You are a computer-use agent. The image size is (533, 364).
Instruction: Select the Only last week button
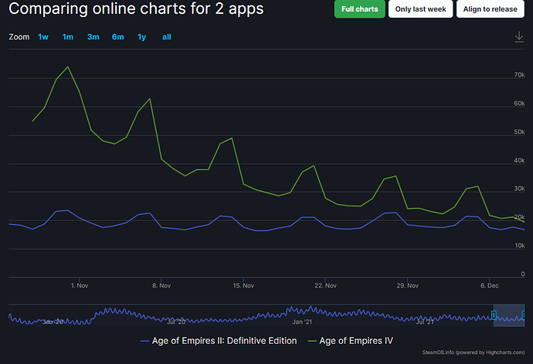tap(420, 9)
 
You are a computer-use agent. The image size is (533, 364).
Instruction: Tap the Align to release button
tap(489, 9)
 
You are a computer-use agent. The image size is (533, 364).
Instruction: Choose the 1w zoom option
tap(43, 37)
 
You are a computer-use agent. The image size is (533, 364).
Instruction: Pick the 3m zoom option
tap(93, 37)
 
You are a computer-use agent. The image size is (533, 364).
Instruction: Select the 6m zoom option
tap(117, 37)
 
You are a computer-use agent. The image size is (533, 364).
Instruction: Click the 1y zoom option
tap(141, 37)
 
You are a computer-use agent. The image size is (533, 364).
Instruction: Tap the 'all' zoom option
tap(167, 37)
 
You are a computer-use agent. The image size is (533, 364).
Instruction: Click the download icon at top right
tap(519, 37)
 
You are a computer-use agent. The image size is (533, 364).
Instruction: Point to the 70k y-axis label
tap(519, 75)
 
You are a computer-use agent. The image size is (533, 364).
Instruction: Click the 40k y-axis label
tap(519, 161)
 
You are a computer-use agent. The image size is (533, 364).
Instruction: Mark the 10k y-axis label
tap(519, 246)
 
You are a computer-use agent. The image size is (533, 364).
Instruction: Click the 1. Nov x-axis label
tap(78, 285)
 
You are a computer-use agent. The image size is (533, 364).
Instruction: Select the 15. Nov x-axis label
tap(243, 285)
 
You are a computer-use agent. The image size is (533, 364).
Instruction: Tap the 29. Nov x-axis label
tap(407, 285)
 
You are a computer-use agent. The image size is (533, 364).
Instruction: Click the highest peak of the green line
tap(68, 66)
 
